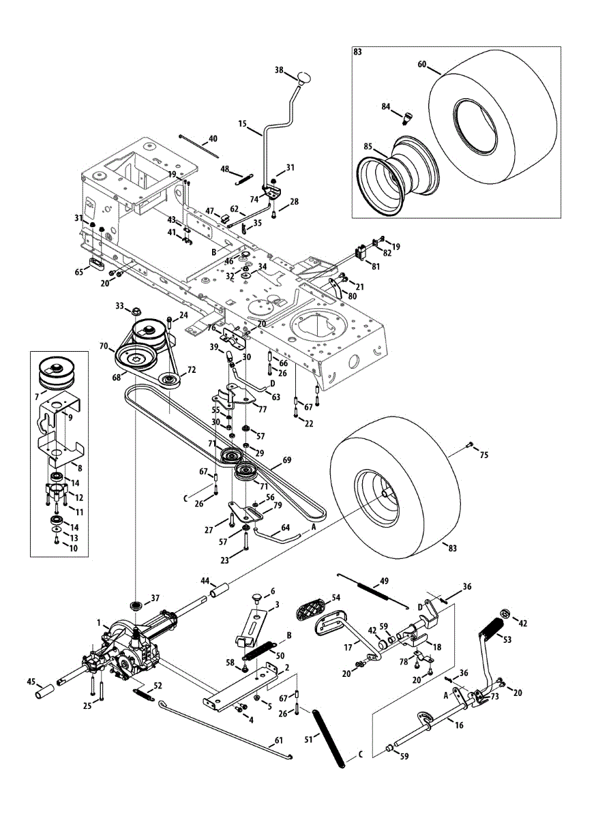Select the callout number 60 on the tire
click(x=422, y=64)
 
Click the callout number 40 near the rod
click(x=213, y=138)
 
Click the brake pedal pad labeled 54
click(x=318, y=606)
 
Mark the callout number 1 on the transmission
click(x=99, y=622)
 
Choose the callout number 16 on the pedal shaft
click(x=459, y=725)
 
